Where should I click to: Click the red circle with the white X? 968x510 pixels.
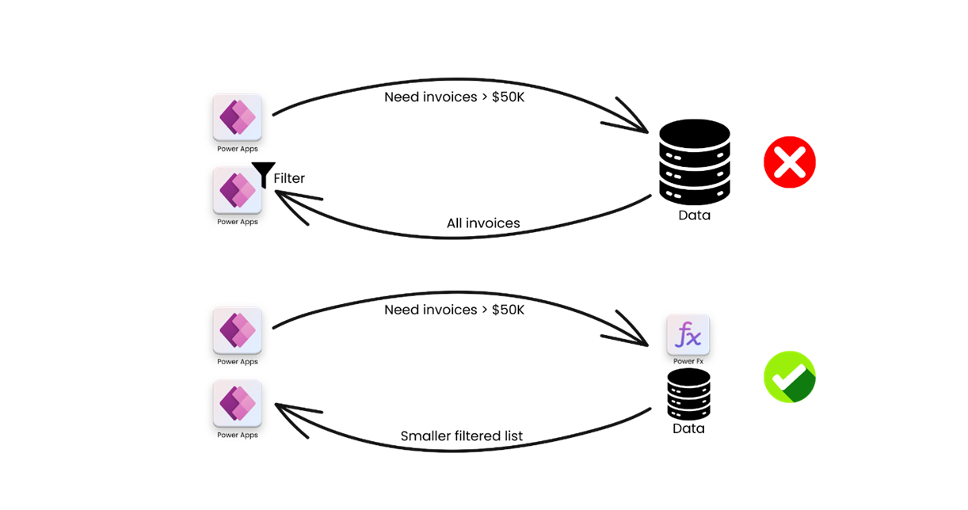pos(790,162)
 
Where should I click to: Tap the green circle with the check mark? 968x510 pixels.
pos(790,377)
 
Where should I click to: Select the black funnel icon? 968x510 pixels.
pos(263,174)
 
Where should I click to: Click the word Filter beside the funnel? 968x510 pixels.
pos(289,179)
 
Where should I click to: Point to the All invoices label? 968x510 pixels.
pos(483,223)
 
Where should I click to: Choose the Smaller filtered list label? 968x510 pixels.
pos(462,436)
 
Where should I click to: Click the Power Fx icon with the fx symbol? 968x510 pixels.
pos(688,336)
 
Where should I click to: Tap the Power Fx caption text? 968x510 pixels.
pos(688,361)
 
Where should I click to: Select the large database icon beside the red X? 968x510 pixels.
pos(695,162)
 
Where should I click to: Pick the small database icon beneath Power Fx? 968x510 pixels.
pos(688,394)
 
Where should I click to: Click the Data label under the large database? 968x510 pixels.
pos(695,215)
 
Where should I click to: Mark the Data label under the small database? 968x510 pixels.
pos(688,428)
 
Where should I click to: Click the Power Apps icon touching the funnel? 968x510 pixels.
pos(237,191)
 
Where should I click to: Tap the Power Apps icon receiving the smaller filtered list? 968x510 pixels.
pos(237,404)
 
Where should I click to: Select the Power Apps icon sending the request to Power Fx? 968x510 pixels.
pos(237,331)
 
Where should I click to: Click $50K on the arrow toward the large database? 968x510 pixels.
pos(507,97)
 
